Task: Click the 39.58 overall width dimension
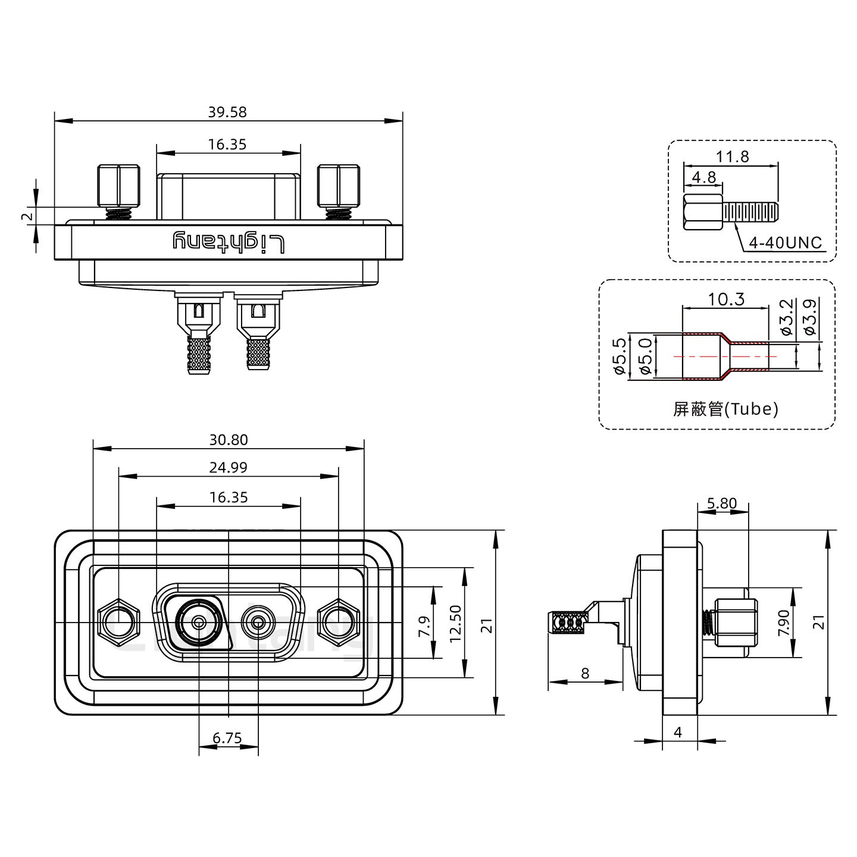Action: click(x=227, y=112)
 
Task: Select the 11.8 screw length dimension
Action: click(x=732, y=157)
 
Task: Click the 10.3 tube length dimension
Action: click(x=726, y=299)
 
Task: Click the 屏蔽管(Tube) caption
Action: click(x=725, y=409)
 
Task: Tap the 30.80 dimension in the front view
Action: click(x=229, y=440)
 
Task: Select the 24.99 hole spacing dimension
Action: click(x=229, y=468)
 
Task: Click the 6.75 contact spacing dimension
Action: click(x=227, y=739)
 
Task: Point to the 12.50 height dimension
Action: click(x=456, y=623)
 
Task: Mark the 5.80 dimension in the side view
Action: click(x=722, y=503)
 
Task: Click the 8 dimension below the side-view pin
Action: click(x=585, y=673)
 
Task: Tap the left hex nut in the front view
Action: click(x=118, y=623)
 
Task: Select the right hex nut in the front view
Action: click(x=338, y=623)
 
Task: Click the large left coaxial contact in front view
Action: click(x=199, y=623)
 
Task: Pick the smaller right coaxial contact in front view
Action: click(x=258, y=623)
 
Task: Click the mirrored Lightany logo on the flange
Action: click(x=229, y=242)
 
